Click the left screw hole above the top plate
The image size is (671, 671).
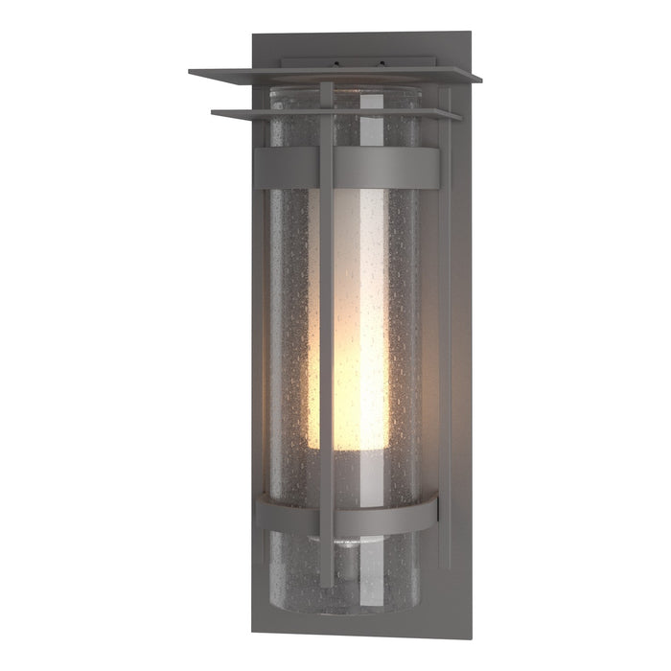(336, 65)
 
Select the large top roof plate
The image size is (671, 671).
(335, 75)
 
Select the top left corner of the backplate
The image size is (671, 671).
(253, 36)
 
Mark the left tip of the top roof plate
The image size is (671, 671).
(191, 71)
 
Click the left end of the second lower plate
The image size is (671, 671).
(214, 113)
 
